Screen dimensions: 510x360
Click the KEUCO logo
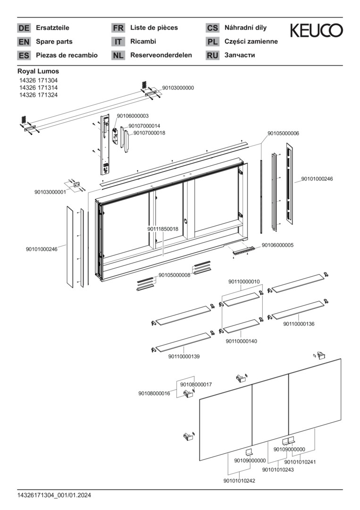click(316, 31)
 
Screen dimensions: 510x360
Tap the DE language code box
click(24, 28)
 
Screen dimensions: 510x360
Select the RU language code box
click(212, 55)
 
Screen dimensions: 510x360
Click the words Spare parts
click(54, 42)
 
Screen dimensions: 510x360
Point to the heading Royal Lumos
click(38, 71)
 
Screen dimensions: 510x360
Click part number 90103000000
click(178, 88)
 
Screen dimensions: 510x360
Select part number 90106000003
click(133, 116)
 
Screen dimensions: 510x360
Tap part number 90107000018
click(149, 133)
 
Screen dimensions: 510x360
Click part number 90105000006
click(283, 134)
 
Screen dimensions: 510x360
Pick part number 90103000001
click(50, 192)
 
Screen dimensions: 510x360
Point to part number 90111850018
click(163, 229)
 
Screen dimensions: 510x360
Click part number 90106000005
click(277, 245)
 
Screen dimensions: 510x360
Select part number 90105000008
click(174, 275)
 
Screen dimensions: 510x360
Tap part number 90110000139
click(184, 357)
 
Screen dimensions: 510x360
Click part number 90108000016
click(154, 393)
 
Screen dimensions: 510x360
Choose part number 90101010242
click(239, 481)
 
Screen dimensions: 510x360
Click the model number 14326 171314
click(38, 88)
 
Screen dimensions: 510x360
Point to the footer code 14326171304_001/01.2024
click(54, 495)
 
